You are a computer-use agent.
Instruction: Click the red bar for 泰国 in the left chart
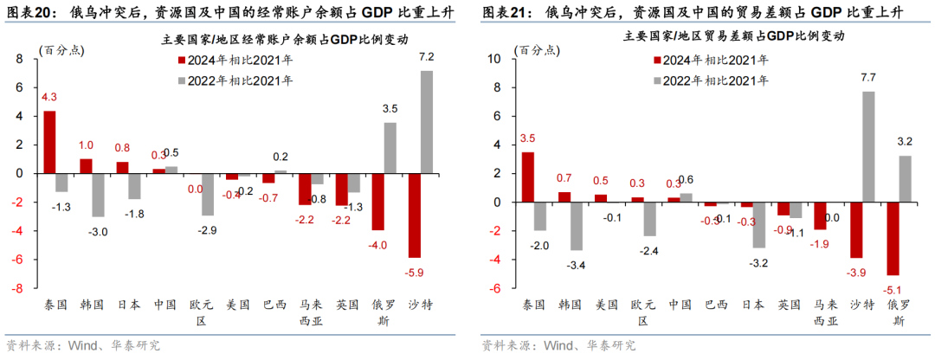tap(50, 142)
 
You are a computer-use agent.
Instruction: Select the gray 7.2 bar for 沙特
tap(426, 122)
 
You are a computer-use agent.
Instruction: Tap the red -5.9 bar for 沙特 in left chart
tap(414, 215)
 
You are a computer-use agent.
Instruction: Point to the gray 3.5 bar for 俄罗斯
tap(390, 147)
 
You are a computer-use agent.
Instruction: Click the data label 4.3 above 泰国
tap(49, 97)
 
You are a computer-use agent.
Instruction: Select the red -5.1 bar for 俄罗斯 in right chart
tap(893, 238)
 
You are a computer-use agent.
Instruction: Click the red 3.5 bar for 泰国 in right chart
tap(527, 177)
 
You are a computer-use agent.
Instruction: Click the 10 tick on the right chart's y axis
tap(496, 59)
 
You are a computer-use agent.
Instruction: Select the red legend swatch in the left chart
tap(181, 61)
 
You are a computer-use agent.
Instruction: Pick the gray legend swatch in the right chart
tap(657, 80)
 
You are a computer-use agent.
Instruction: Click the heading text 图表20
tap(27, 11)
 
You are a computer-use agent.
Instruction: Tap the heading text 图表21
tap(502, 11)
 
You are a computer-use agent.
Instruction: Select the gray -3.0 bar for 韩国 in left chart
tap(99, 195)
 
